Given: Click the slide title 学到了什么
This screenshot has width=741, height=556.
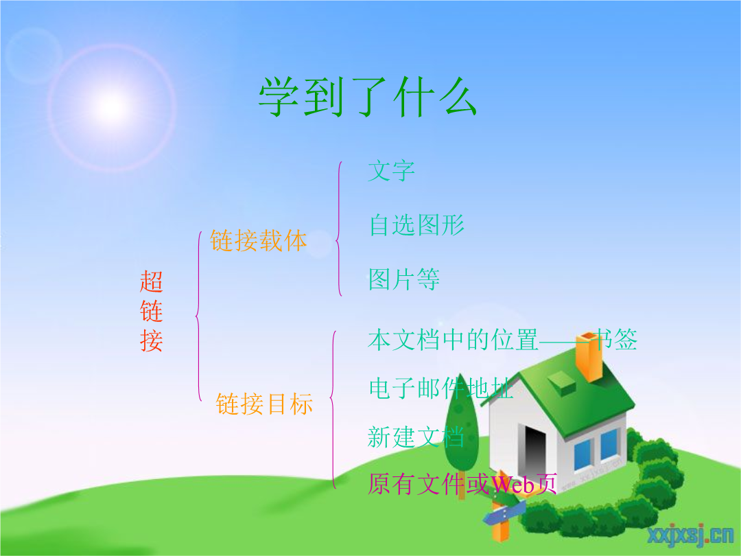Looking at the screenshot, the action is pos(367,97).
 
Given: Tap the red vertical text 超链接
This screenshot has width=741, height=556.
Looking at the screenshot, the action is pos(151,311).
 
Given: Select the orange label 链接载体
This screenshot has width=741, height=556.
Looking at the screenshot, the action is pos(258,241).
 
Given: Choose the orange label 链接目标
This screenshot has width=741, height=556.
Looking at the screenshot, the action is pos(264,404).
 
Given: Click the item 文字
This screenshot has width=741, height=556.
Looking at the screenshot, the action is pos(391,171).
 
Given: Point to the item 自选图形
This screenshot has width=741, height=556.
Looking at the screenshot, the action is pos(417,225).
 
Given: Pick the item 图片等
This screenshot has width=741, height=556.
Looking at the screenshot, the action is pos(404,279).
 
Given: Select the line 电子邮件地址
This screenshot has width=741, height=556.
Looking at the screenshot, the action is pos(441,389).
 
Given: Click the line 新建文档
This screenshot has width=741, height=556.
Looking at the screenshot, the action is pos(416,437).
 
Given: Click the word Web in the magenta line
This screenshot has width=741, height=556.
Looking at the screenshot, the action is pos(513,485).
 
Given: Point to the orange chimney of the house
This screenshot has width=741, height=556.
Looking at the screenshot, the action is pos(589,356).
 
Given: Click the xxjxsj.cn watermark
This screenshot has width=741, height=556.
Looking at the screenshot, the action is pos(690,535).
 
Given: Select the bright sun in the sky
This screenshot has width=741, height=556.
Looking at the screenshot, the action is pos(112,107).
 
